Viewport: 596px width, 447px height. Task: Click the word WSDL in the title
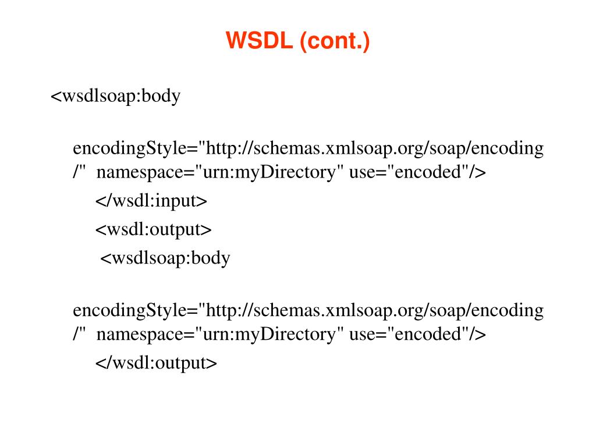(260, 41)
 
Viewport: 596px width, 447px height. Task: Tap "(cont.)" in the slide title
(335, 41)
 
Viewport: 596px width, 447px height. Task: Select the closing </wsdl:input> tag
(151, 201)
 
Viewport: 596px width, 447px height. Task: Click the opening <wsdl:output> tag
(154, 230)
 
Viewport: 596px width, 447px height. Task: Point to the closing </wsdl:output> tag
(156, 363)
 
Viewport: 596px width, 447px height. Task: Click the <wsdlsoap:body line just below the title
(116, 95)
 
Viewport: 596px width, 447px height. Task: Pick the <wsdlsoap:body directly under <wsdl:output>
(166, 258)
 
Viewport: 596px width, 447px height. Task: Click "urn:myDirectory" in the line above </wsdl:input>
(269, 173)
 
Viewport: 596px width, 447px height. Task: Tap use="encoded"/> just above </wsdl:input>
(417, 173)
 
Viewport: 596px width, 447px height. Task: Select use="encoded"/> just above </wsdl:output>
(417, 335)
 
